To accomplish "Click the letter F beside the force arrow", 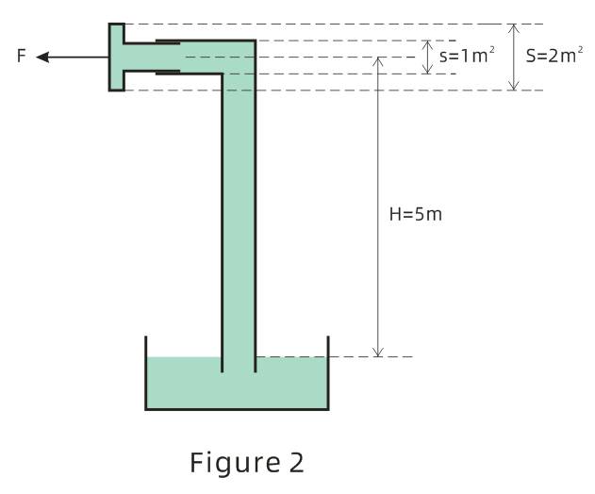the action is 22,56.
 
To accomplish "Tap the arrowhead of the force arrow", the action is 42,58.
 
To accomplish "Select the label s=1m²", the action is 467,56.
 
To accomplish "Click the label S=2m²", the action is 554,56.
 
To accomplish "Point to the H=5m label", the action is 416,214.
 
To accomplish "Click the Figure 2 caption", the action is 247,463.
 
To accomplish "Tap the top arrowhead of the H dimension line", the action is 377,62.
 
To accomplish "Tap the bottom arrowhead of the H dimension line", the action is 377,352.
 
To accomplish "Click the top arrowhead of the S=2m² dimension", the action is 513,29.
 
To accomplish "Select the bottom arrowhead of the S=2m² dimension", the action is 513,86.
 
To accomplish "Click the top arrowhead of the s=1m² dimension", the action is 428,45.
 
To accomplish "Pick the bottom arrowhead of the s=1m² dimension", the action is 428,69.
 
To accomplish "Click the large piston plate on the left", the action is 117,58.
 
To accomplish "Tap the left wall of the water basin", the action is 146,373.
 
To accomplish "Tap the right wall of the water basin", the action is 328,373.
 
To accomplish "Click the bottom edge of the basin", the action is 237,409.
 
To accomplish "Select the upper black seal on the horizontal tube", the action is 168,41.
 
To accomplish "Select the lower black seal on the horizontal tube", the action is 168,73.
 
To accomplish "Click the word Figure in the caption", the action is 235,463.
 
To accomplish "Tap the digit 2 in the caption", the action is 297,463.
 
